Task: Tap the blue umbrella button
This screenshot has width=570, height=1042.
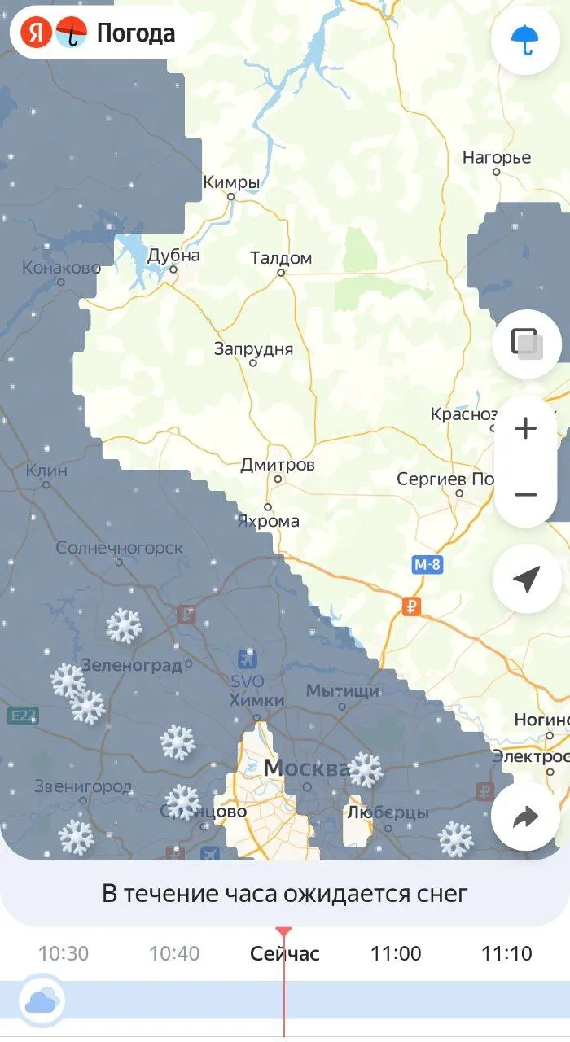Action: click(x=525, y=39)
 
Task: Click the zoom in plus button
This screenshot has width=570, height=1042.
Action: click(x=526, y=428)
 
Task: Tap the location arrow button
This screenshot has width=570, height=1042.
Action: click(x=526, y=579)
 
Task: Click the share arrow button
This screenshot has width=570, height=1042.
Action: click(x=525, y=817)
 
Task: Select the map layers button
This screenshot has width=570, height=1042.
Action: click(x=526, y=344)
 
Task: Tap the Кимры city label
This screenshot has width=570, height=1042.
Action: click(x=231, y=182)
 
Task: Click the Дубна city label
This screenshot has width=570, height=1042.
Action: click(x=173, y=256)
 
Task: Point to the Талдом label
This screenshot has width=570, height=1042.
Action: click(x=281, y=258)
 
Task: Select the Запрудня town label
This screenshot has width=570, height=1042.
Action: click(x=253, y=349)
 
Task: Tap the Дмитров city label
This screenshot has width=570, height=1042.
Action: click(x=277, y=466)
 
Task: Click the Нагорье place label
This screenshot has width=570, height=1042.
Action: click(x=497, y=157)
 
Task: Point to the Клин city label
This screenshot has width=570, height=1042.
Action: click(x=46, y=471)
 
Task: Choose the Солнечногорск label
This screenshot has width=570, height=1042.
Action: click(x=120, y=548)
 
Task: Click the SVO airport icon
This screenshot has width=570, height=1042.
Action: click(x=248, y=659)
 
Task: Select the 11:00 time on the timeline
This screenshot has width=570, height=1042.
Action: click(x=396, y=953)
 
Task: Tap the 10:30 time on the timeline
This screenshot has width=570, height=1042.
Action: click(x=64, y=953)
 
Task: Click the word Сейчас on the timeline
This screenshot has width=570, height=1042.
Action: click(x=285, y=953)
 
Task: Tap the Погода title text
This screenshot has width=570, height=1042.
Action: click(x=135, y=33)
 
